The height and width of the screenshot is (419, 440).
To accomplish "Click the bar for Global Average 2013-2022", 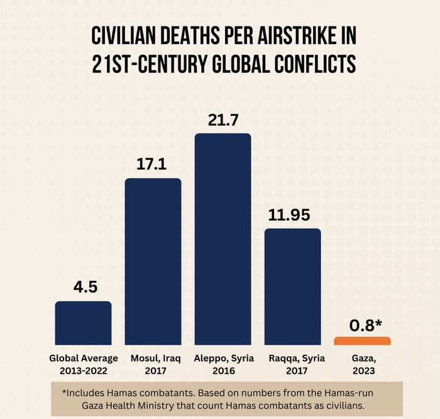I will click(x=83, y=323).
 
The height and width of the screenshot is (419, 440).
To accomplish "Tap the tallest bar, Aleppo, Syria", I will click(x=223, y=239).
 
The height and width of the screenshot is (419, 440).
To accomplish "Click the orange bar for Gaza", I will click(x=362, y=341).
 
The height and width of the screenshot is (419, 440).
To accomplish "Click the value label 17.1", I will click(x=153, y=164).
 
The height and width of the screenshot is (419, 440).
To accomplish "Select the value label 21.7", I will click(x=223, y=119).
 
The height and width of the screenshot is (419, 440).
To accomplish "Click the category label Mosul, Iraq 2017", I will click(x=153, y=364).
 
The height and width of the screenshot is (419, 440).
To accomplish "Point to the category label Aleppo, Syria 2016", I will click(x=223, y=364).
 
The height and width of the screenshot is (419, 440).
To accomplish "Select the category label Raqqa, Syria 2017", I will click(x=292, y=364).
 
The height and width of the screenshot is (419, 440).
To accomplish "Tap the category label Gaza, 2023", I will click(x=362, y=364).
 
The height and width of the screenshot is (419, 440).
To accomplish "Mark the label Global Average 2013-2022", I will click(x=83, y=364).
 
